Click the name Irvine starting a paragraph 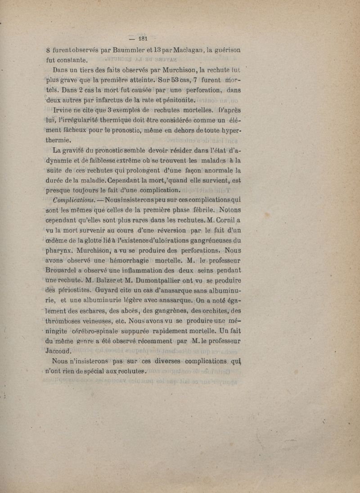(x=66, y=110)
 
